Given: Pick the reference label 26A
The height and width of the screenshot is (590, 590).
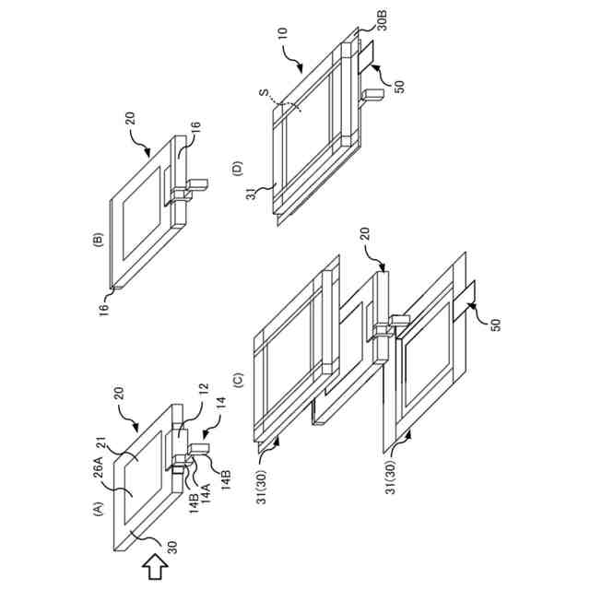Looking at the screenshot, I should click(97, 468).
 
